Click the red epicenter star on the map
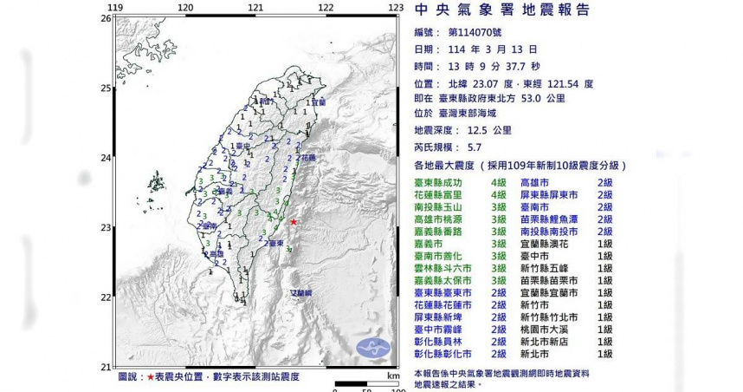(x=294, y=223)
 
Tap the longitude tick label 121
(x=255, y=8)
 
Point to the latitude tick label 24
(x=106, y=157)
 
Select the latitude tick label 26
(x=106, y=17)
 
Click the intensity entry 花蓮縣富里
(x=443, y=196)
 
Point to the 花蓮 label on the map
(x=308, y=158)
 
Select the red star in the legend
(x=151, y=378)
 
